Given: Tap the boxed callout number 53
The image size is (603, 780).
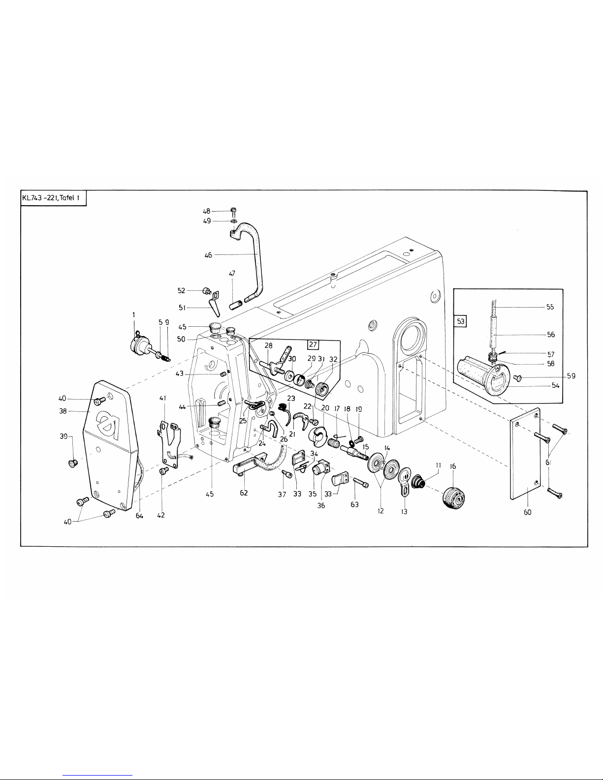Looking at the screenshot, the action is tap(461, 321).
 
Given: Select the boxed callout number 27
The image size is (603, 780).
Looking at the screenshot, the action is tap(313, 344).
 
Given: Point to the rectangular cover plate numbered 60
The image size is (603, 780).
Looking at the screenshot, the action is tap(525, 454).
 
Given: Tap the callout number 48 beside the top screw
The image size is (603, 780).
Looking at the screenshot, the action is tap(206, 212).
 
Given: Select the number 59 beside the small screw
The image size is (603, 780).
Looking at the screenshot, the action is tap(571, 376).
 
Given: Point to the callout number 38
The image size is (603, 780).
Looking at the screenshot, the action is tap(63, 411).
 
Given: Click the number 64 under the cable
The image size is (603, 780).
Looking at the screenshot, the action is tap(139, 516).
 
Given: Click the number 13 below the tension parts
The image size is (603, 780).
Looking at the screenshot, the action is tap(404, 511).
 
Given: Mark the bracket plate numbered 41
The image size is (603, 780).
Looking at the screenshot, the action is tap(169, 444).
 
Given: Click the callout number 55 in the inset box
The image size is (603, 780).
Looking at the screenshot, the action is tap(550, 307).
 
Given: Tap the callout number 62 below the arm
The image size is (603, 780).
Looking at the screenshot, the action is tap(244, 493).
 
